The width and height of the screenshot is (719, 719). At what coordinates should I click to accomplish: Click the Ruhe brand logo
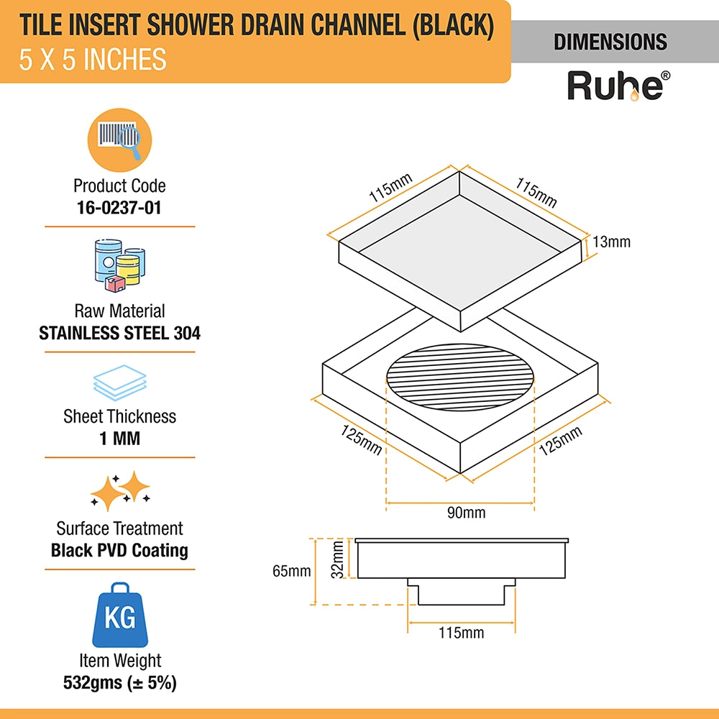618,86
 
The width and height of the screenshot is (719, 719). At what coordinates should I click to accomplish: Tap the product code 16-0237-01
119,208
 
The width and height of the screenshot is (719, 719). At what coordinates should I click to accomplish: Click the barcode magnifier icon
119,140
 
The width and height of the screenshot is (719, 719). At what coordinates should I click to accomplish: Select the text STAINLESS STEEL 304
119,333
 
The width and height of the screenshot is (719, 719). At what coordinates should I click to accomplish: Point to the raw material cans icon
119,266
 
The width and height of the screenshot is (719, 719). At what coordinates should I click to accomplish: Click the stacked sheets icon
119,383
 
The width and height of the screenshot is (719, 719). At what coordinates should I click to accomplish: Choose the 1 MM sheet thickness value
119,439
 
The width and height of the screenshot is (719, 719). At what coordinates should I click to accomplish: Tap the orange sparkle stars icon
120,490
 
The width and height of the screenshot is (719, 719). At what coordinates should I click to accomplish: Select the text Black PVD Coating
119,550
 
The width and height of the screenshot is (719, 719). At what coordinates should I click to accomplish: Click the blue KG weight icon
120,615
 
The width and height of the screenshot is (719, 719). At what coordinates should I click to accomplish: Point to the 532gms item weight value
119,683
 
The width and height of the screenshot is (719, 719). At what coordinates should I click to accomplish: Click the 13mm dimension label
611,242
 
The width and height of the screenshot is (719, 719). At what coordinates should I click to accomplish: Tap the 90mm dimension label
467,512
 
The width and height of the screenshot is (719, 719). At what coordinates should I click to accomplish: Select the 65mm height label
292,571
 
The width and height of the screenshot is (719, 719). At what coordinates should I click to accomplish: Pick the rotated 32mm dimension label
337,559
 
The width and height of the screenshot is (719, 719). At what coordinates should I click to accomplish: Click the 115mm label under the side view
462,633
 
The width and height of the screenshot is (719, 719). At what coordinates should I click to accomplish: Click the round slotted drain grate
460,377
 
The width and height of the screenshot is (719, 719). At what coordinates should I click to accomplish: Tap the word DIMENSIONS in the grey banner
610,42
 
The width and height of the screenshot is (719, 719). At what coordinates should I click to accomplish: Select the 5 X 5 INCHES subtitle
93,60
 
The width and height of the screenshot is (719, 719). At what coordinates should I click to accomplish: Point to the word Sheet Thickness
119,416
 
